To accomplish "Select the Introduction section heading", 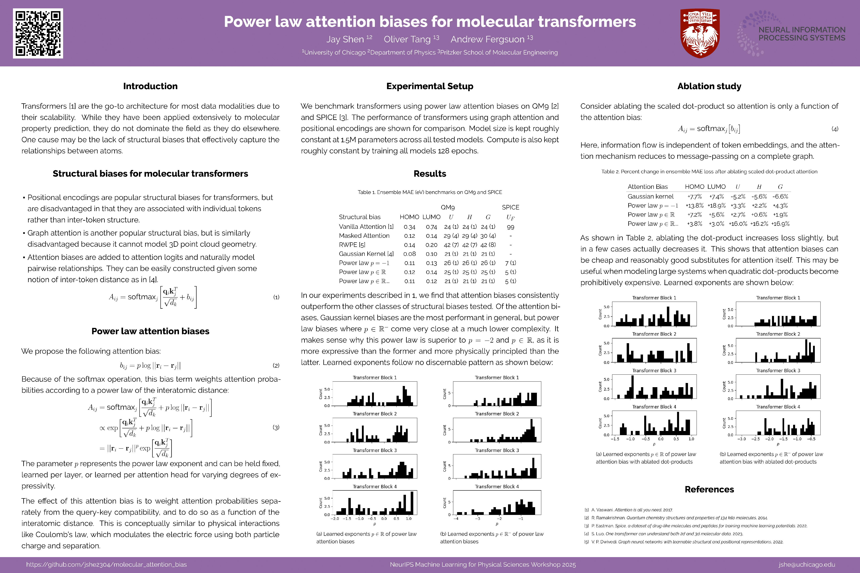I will (150, 86).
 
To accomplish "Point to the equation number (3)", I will (276, 427).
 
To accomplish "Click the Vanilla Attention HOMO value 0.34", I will (409, 227).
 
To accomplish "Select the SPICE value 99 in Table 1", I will (510, 227).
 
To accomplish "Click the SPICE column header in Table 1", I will (510, 207).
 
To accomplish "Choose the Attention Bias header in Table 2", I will (648, 187).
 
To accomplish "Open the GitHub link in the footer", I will (106, 565).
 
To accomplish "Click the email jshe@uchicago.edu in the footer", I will (807, 565).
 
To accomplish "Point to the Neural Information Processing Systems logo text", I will (801, 34).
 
